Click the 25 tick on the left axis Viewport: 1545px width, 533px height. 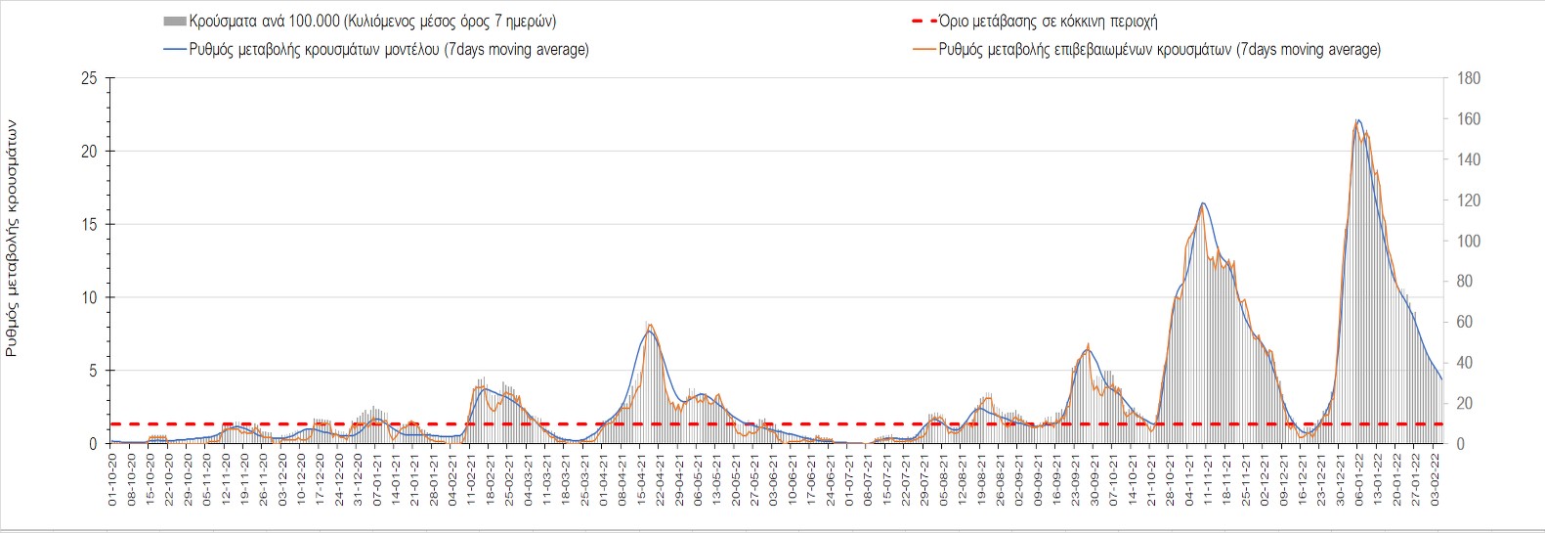pyautogui.click(x=89, y=79)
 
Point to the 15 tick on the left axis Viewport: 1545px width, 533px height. pyautogui.click(x=89, y=225)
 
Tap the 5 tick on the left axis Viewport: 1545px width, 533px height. pyautogui.click(x=93, y=371)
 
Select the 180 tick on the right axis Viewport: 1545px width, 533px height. pyautogui.click(x=1469, y=79)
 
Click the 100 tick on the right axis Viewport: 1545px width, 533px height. pyautogui.click(x=1469, y=241)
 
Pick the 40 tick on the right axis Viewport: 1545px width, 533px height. pyautogui.click(x=1465, y=363)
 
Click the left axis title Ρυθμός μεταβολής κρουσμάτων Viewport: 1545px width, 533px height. pyautogui.click(x=12, y=238)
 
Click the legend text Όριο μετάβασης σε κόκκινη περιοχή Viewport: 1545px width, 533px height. pyautogui.click(x=1048, y=21)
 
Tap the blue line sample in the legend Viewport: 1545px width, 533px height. pyautogui.click(x=175, y=49)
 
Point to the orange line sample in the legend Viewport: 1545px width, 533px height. pyautogui.click(x=923, y=49)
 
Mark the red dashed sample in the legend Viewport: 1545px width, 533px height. pyautogui.click(x=923, y=21)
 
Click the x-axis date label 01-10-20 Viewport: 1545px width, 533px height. pyautogui.click(x=112, y=480)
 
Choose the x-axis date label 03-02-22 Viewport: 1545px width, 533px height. pyautogui.click(x=1435, y=480)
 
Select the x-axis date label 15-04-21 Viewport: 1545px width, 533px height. pyautogui.click(x=641, y=480)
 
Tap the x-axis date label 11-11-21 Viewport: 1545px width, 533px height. pyautogui.click(x=1208, y=480)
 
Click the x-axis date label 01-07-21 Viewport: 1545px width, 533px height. pyautogui.click(x=849, y=480)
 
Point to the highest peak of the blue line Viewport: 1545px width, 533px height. pyautogui.click(x=1358, y=120)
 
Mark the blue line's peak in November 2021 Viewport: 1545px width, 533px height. pyautogui.click(x=1203, y=203)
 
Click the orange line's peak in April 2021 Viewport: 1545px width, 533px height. pyautogui.click(x=650, y=325)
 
